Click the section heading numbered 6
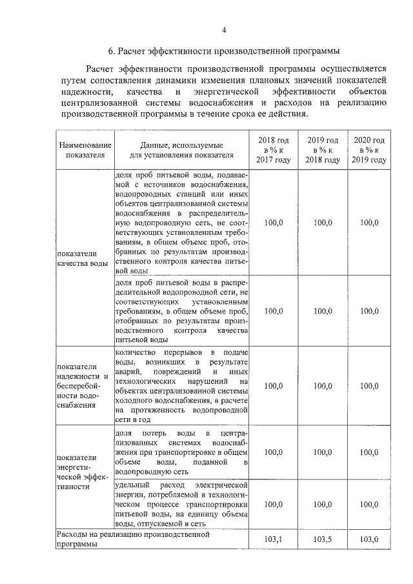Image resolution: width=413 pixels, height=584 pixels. point(223,50)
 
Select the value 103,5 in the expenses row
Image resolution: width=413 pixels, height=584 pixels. point(322,539)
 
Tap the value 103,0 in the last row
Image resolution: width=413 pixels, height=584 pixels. point(369,539)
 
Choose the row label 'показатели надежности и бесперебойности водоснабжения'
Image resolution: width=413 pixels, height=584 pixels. point(82,386)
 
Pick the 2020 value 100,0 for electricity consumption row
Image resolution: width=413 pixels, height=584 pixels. point(369,504)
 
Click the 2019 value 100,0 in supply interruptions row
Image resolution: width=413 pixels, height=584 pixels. point(322,386)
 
